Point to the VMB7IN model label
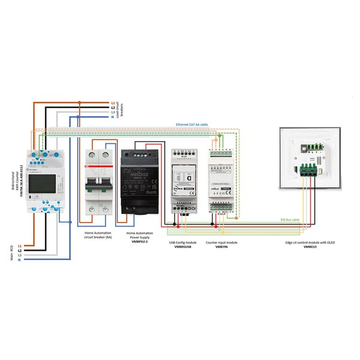(221, 247)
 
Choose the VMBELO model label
(309, 247)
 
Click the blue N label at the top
(112, 117)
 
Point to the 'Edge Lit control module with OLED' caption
(309, 242)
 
